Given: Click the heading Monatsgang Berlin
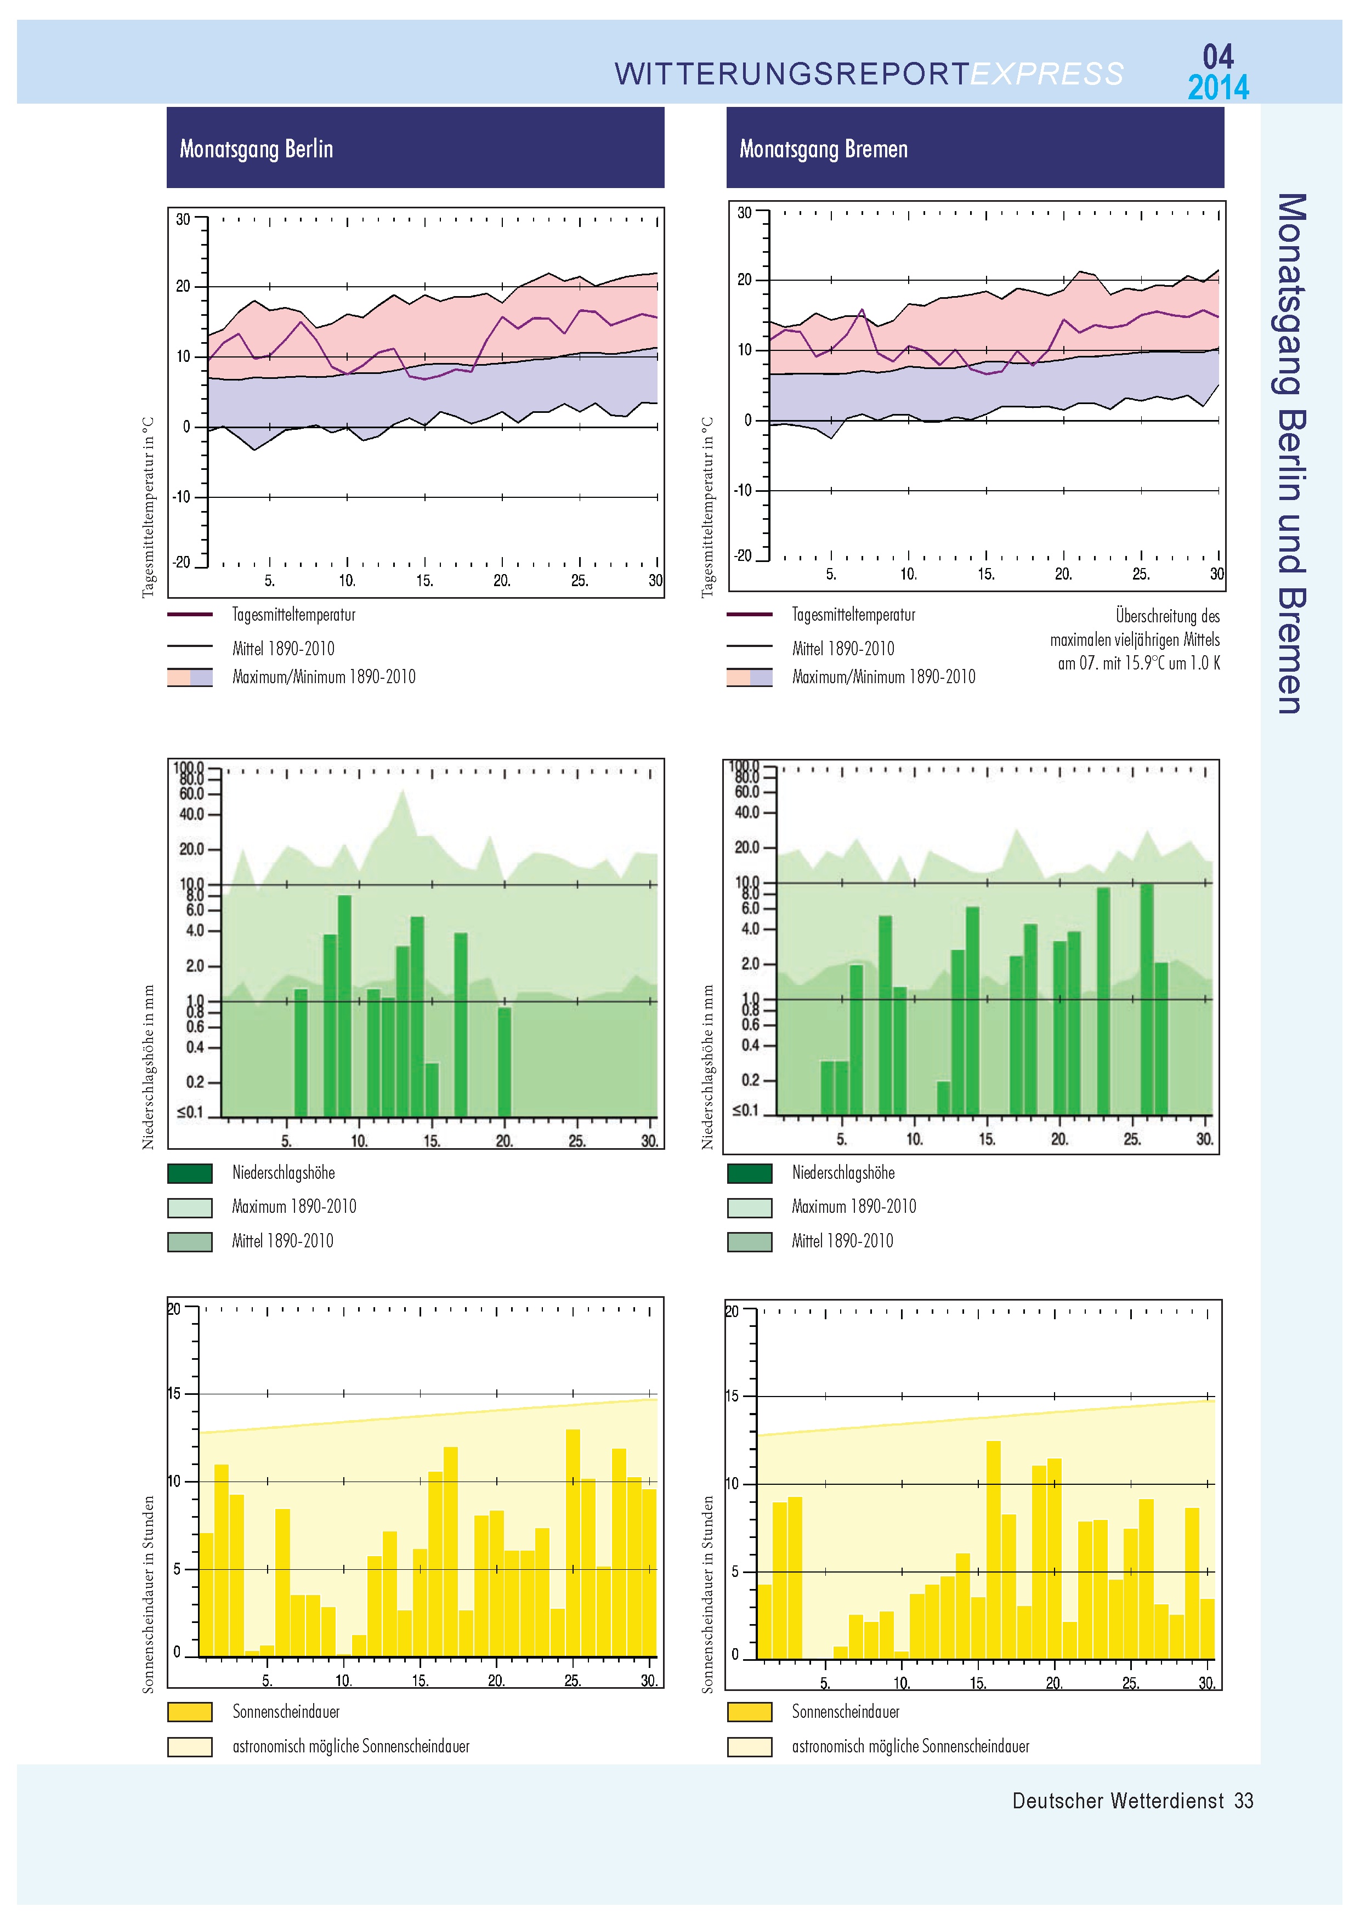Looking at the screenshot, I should [x=257, y=149].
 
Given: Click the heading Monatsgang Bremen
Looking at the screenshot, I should [x=823, y=149].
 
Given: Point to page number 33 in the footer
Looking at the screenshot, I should [x=1244, y=1801].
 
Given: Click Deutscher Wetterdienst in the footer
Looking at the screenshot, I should [x=1118, y=1801].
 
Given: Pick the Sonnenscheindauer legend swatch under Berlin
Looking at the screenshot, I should [x=189, y=1712].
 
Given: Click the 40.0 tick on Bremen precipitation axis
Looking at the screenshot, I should [x=746, y=812].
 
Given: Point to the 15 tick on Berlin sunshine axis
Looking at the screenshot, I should [x=174, y=1394].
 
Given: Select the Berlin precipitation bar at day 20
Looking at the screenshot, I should [x=505, y=1061].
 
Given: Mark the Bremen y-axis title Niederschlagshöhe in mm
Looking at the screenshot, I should [x=707, y=1066].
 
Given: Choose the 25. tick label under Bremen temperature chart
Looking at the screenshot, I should [x=1141, y=574].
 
